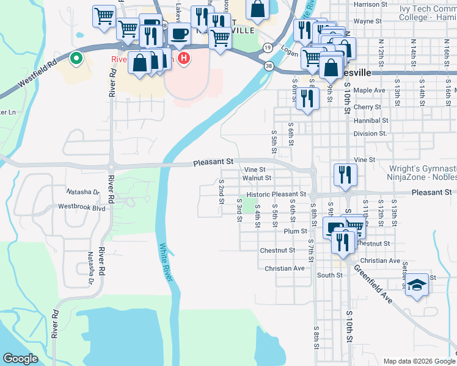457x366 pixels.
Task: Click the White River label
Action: click(x=166, y=262)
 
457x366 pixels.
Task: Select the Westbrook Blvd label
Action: click(x=82, y=207)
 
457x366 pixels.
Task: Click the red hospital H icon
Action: click(x=185, y=58)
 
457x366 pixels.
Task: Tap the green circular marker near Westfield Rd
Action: click(x=76, y=59)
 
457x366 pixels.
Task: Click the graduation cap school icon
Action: click(x=417, y=285)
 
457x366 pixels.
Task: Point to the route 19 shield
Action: click(x=268, y=47)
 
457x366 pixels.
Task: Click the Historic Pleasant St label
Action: click(x=279, y=194)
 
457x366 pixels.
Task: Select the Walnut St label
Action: click(x=257, y=178)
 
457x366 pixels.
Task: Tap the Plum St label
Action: click(x=295, y=231)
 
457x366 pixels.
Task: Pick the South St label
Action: click(x=329, y=275)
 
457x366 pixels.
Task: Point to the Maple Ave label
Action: click(x=369, y=90)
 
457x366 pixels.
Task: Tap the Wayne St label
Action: click(x=367, y=21)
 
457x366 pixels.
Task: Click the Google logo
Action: click(x=21, y=358)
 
